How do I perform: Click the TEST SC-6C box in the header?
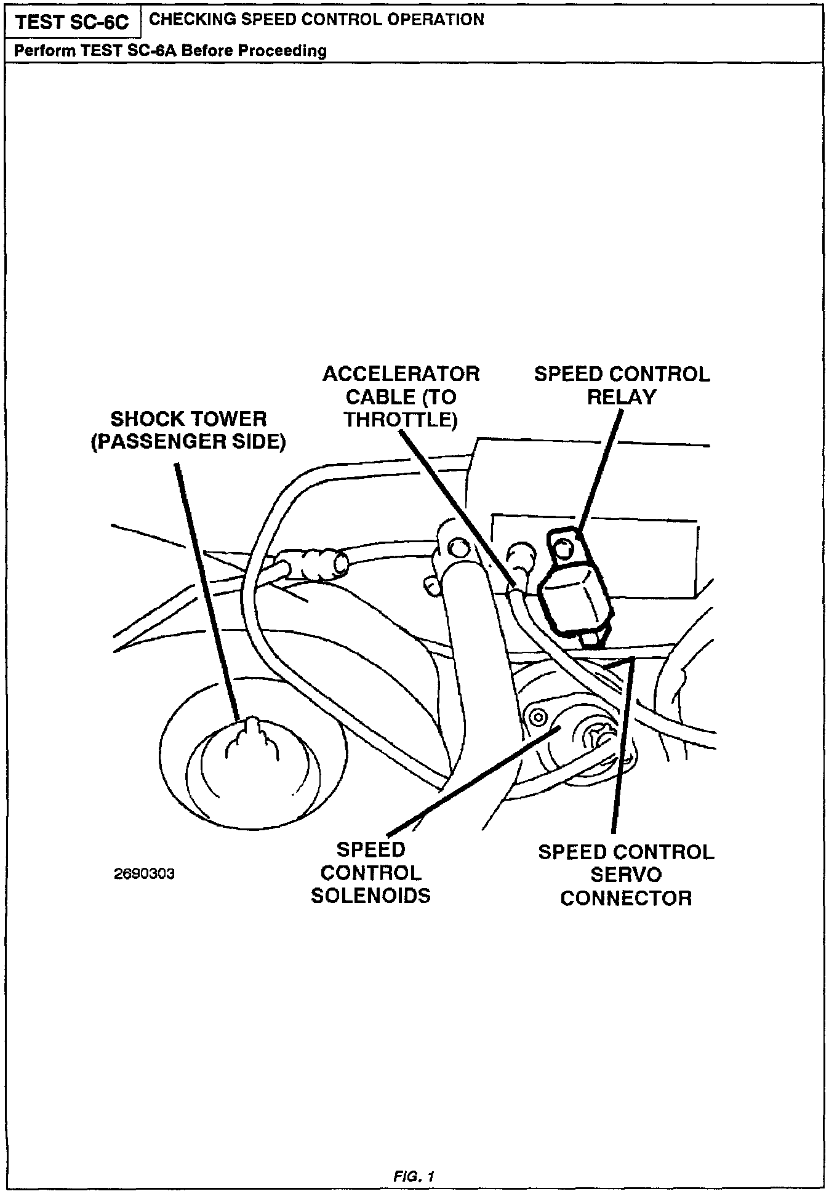point(72,22)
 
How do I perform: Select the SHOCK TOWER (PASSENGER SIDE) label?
point(188,430)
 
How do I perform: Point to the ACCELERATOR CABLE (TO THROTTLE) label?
point(401,396)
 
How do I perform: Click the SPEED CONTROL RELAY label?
point(622,385)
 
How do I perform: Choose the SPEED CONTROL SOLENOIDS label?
point(370,873)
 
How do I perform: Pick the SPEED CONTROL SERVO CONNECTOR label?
point(626,875)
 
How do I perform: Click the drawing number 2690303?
point(145,874)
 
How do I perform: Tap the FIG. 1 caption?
point(414,1176)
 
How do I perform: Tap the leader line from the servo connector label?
point(622,745)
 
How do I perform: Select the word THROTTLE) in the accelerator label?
point(401,420)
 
